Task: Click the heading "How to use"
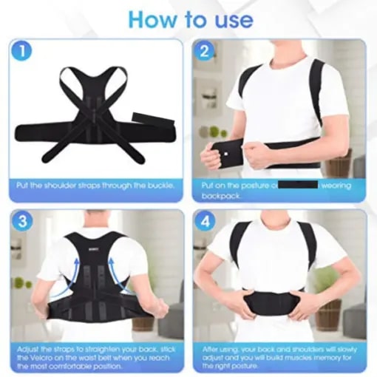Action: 188,18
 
